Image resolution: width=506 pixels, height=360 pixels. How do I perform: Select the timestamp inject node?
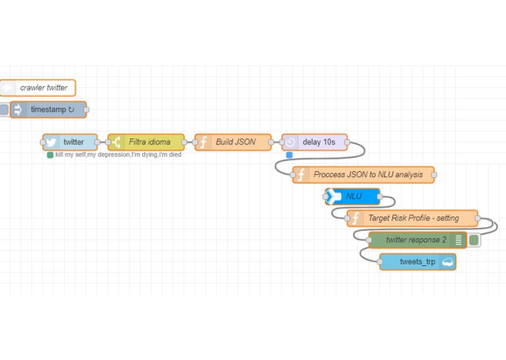[x=49, y=110]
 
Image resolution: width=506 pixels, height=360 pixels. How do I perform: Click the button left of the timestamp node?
[x=4, y=110]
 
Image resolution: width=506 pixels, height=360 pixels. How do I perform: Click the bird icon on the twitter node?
[x=52, y=142]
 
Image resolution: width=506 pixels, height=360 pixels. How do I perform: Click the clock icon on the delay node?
[x=290, y=142]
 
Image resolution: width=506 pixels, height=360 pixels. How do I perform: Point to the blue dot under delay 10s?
[x=289, y=154]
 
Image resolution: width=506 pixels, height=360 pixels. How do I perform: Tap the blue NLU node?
[x=353, y=196]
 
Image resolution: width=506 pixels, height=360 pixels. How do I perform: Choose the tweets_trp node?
[x=418, y=262]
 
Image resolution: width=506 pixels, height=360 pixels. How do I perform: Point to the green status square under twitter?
[x=50, y=154]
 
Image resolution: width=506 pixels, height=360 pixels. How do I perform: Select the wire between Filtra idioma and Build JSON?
[x=189, y=142]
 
